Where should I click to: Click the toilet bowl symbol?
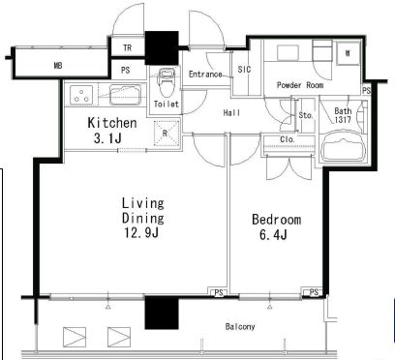coord(167,81)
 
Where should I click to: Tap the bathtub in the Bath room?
coord(343,147)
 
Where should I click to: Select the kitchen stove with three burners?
coord(81,95)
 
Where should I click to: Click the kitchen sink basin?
coord(126,95)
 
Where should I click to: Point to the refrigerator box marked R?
coord(167,133)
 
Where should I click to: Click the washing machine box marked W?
coord(348,53)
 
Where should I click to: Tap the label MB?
coord(58,66)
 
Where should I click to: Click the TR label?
coord(128,47)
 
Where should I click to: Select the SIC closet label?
coord(244,69)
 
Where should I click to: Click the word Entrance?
coord(205,75)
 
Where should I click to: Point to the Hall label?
coord(231,113)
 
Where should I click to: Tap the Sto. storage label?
coord(306,115)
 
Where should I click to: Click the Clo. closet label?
coord(288,139)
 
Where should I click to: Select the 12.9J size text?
coord(141,232)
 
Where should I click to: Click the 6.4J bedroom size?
coord(273,234)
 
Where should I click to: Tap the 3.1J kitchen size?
coord(107,138)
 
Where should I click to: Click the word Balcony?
coord(240,327)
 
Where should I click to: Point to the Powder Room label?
coord(300,85)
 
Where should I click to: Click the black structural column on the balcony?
coord(162,313)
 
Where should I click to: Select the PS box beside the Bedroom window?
coord(314,292)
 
